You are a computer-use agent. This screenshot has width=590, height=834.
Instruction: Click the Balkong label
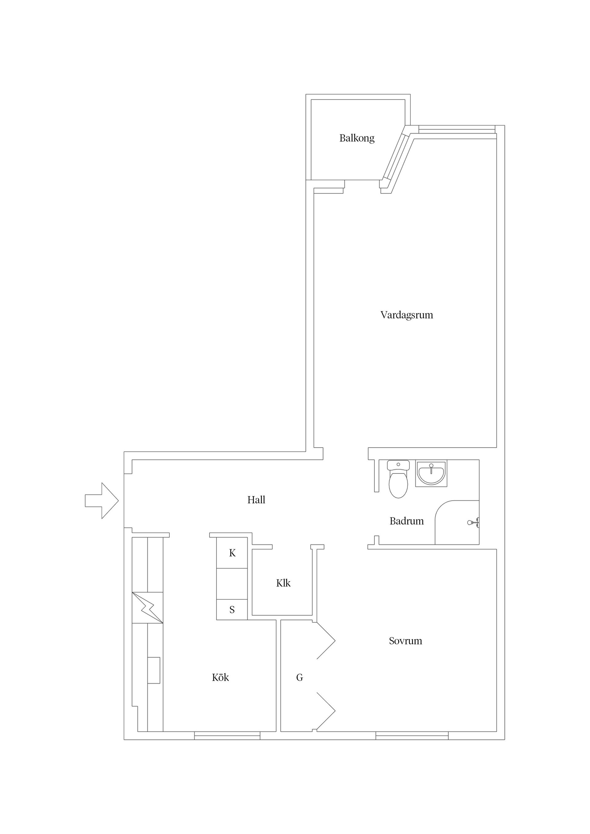click(357, 138)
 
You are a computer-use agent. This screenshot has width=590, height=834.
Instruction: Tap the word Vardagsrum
click(407, 315)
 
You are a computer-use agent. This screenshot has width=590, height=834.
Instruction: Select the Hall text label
click(256, 500)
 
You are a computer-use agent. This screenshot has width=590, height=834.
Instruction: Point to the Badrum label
click(407, 521)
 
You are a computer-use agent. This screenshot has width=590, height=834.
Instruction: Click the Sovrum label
click(405, 641)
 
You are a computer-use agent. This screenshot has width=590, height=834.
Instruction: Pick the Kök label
click(220, 677)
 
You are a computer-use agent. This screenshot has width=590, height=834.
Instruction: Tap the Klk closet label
click(283, 583)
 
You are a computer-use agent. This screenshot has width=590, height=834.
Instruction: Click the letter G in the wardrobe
click(300, 677)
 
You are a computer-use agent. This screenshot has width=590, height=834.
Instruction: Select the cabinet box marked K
click(232, 553)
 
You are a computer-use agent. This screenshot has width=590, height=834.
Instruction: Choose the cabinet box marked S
click(232, 610)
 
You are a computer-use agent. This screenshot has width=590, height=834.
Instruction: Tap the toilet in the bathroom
click(399, 479)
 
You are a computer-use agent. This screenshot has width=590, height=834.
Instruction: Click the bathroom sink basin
click(431, 473)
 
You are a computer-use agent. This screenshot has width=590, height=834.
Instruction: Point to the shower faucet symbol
click(473, 523)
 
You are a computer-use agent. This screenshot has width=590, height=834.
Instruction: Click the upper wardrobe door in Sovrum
click(326, 641)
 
